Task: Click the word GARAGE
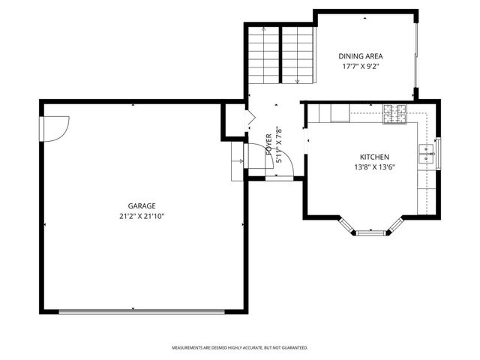click(141, 205)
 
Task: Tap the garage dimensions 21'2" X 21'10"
click(141, 216)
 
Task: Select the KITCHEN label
click(374, 157)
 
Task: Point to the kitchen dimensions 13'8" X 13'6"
click(374, 166)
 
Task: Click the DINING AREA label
click(361, 56)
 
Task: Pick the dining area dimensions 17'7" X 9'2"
click(361, 66)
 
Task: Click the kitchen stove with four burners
click(395, 113)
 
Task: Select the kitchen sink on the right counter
click(427, 154)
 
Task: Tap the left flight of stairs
click(263, 56)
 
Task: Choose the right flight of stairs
click(297, 56)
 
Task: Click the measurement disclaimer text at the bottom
click(240, 348)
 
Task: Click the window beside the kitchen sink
click(439, 154)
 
